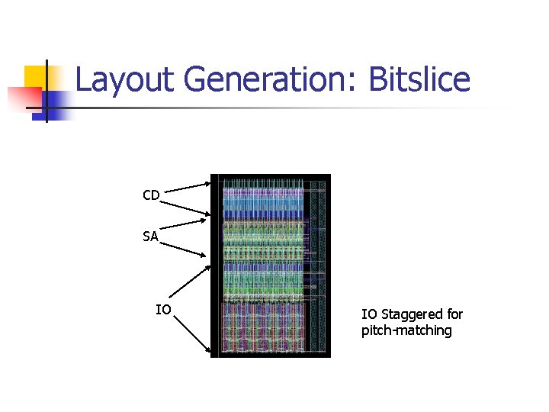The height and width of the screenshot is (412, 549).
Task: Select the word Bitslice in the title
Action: pos(419,80)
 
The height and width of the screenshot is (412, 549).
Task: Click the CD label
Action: pos(151,196)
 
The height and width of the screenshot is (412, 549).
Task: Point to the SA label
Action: pos(150,237)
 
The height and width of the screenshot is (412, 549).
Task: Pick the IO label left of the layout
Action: pos(163,310)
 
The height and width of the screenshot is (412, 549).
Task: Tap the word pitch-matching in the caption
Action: pos(406,330)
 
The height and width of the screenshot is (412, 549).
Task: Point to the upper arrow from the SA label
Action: pos(184,225)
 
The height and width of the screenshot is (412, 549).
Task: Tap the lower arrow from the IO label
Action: pos(191,333)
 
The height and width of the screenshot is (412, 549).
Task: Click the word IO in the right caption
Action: pos(369,314)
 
